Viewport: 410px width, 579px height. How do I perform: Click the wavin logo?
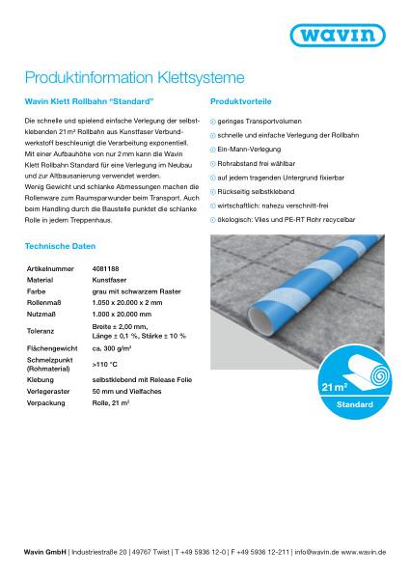click(x=353, y=40)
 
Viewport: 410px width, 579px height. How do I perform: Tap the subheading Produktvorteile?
click(x=237, y=100)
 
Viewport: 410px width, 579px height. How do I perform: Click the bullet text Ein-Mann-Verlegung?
click(x=250, y=152)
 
